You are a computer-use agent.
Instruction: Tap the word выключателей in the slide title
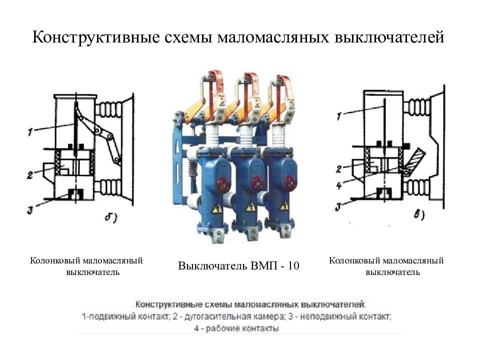(389, 37)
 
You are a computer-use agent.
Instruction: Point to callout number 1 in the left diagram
(30, 132)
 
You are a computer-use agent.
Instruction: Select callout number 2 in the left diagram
(29, 175)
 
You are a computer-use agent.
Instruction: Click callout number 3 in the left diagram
(30, 210)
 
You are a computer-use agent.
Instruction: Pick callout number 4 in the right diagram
(339, 185)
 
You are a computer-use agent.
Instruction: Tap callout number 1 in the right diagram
(339, 116)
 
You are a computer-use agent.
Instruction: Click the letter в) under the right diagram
(419, 215)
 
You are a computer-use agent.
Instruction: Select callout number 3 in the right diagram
(338, 207)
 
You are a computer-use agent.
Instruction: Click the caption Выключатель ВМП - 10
(239, 265)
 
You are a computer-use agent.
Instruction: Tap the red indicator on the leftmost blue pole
(222, 183)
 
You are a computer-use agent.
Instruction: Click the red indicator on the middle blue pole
(257, 183)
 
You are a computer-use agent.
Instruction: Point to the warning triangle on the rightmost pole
(284, 205)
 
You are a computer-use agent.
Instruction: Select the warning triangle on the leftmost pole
(217, 207)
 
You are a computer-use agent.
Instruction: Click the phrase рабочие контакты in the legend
(242, 329)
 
